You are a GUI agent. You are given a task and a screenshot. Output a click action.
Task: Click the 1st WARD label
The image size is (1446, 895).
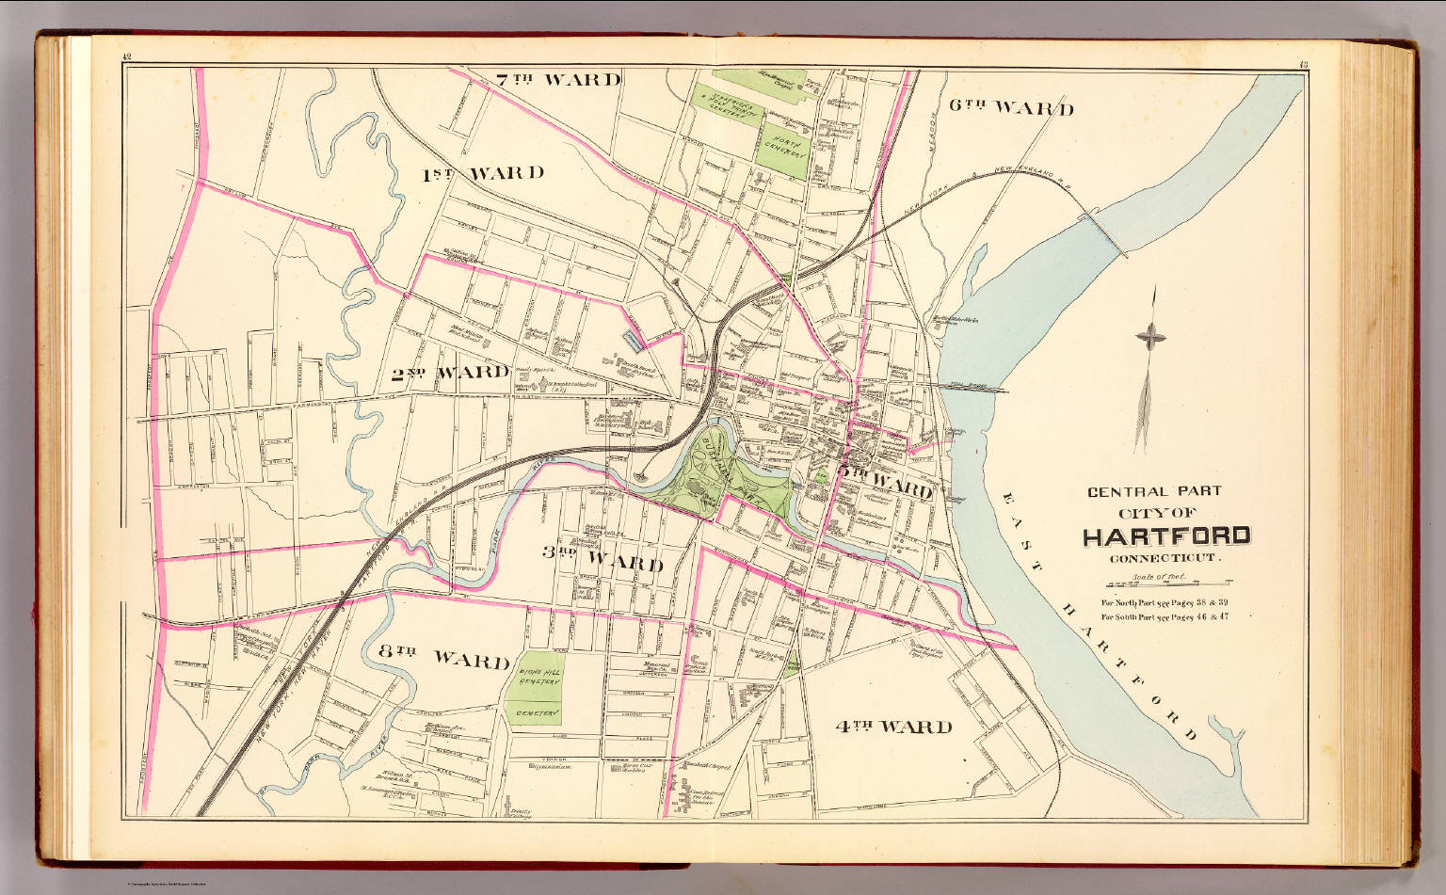click(x=482, y=173)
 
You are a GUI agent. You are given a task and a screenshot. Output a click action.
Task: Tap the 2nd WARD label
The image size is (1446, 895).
click(x=450, y=373)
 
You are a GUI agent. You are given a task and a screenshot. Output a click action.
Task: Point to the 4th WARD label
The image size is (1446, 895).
click(x=893, y=727)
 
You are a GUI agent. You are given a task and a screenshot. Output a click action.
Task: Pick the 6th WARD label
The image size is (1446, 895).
click(x=1010, y=107)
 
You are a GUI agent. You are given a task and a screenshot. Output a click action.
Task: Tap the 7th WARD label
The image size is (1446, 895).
click(x=558, y=80)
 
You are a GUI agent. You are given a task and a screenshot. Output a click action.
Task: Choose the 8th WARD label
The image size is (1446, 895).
click(x=444, y=659)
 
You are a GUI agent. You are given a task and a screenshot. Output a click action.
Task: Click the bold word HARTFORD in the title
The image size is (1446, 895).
click(x=1166, y=537)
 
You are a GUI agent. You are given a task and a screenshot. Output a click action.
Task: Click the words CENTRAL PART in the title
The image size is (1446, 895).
click(x=1154, y=491)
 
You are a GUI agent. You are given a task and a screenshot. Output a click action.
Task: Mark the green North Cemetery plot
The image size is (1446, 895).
click(x=782, y=152)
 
